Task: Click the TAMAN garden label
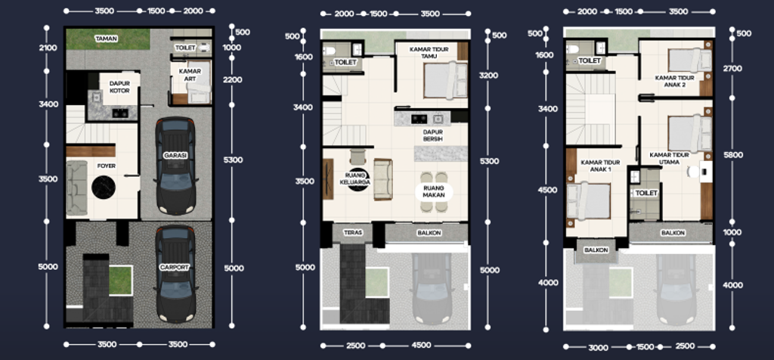coord(106,38)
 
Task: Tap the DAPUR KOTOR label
coord(119,88)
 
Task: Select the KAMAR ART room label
coord(190,75)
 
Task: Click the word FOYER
coord(106,164)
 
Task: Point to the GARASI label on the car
coord(175,155)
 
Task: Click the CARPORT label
coord(175,268)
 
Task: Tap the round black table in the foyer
coord(102,186)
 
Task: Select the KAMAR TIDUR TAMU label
coord(430,54)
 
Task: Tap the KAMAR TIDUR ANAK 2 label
coord(674,81)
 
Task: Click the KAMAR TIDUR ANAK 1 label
coord(600,166)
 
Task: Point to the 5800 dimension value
coord(733,154)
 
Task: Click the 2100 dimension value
coord(48,48)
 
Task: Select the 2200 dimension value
coord(232,79)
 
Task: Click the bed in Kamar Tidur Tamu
coord(444,80)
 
